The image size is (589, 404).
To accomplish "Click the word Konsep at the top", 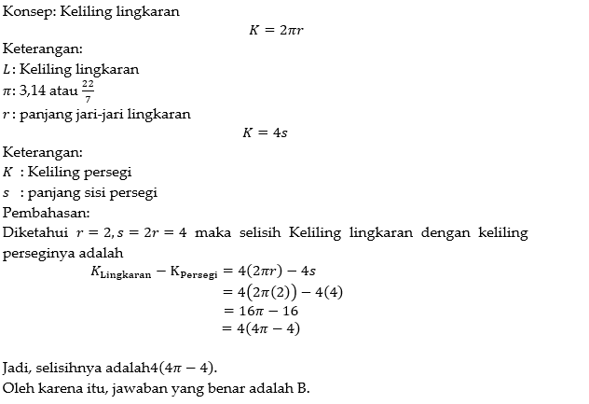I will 26,12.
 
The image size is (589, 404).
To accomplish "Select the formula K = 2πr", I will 277,31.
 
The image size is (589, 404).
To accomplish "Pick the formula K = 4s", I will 265,132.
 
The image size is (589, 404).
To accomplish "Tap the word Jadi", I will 18,367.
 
